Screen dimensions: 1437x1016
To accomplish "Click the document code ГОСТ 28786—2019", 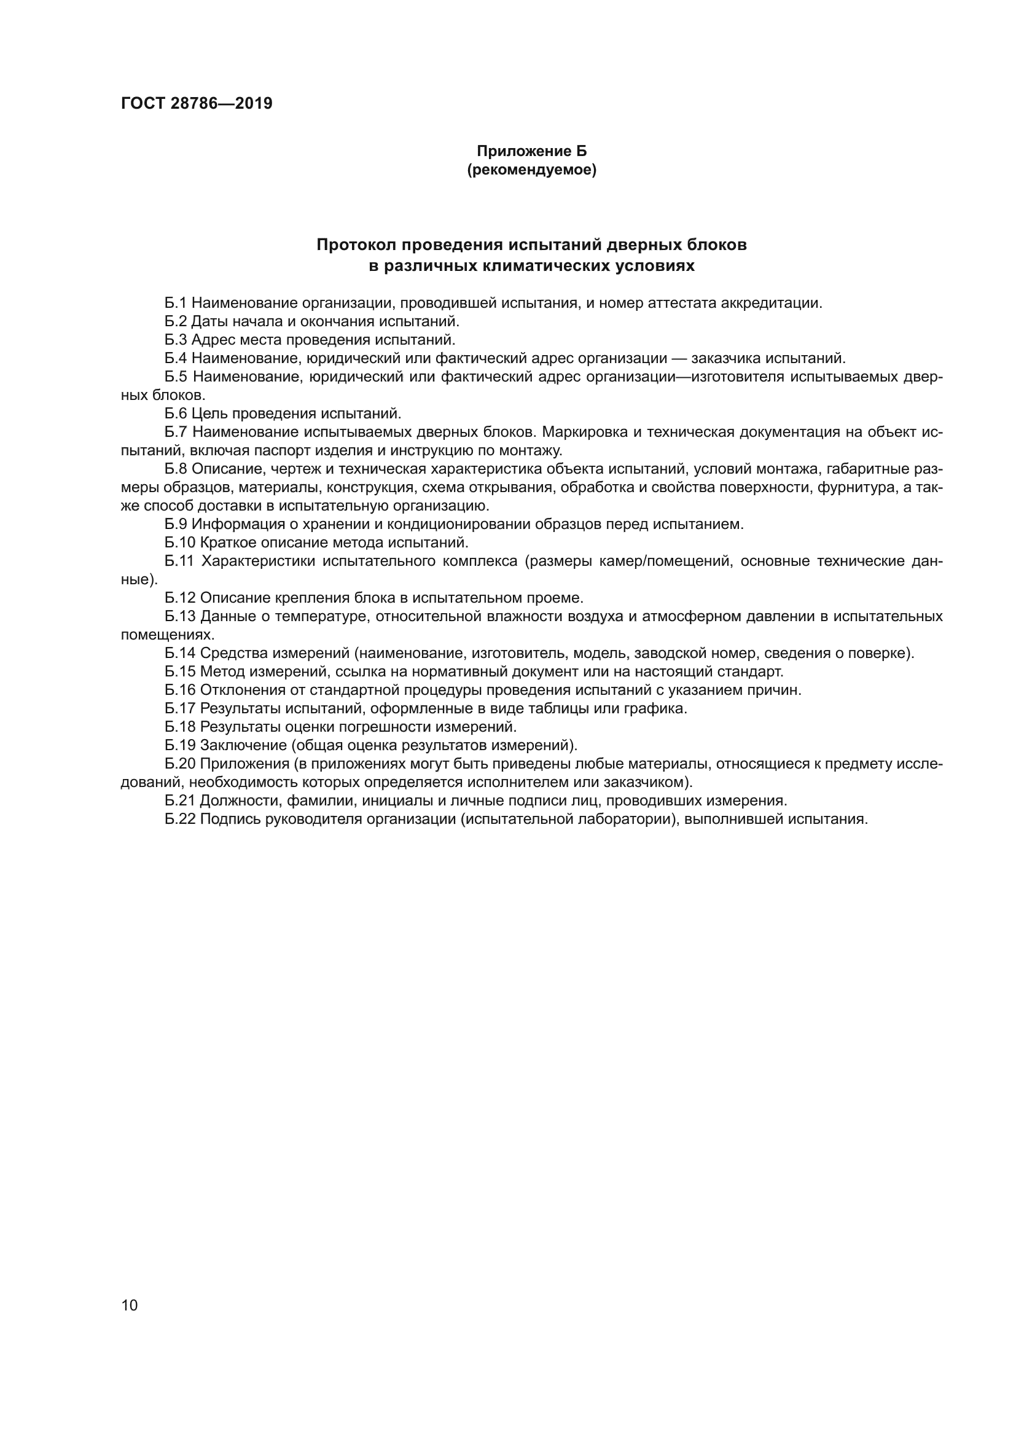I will pos(197,104).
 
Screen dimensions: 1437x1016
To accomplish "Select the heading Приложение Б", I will pos(532,151).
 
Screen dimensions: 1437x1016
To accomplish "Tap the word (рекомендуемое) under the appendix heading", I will pos(532,170).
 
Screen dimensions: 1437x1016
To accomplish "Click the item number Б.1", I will pos(176,303).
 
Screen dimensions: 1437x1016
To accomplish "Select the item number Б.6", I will pos(176,413).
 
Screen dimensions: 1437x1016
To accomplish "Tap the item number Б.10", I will pos(180,542).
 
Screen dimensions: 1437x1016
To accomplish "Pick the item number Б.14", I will pos(180,654).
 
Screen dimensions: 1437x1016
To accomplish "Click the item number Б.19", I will pos(180,745).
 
